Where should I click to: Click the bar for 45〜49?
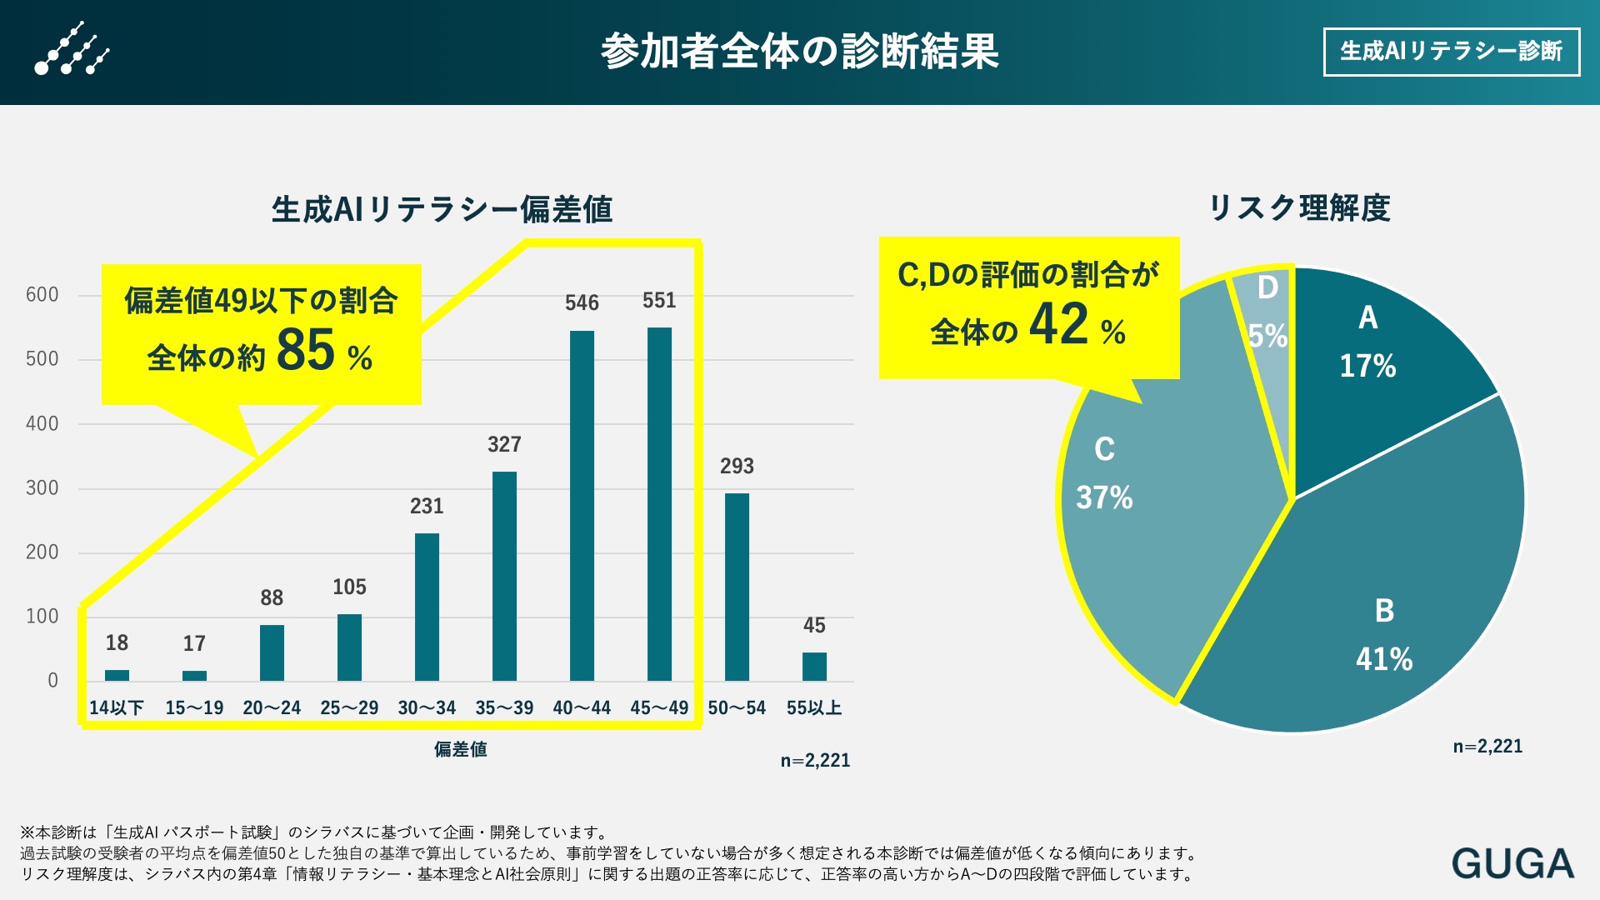pyautogui.click(x=659, y=504)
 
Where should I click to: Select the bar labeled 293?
pyautogui.click(x=737, y=587)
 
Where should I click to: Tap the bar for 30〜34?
pyautogui.click(x=427, y=607)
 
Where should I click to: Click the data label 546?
pyautogui.click(x=582, y=303)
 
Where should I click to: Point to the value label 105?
pyautogui.click(x=349, y=587)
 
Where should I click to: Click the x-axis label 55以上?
pyautogui.click(x=814, y=708)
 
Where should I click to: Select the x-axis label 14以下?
pyautogui.click(x=117, y=708)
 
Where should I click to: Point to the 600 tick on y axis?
pyautogui.click(x=42, y=295)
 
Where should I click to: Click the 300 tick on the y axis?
pyautogui.click(x=42, y=488)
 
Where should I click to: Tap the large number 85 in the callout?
pyautogui.click(x=305, y=350)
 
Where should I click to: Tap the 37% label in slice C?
pyautogui.click(x=1104, y=498)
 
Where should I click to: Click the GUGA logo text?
pyautogui.click(x=1512, y=863)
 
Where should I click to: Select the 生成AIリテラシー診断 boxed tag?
pyautogui.click(x=1451, y=52)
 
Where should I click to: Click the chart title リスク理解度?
pyautogui.click(x=1299, y=208)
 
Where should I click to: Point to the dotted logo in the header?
pyautogui.click(x=72, y=50)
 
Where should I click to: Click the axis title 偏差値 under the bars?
pyautogui.click(x=460, y=749)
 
